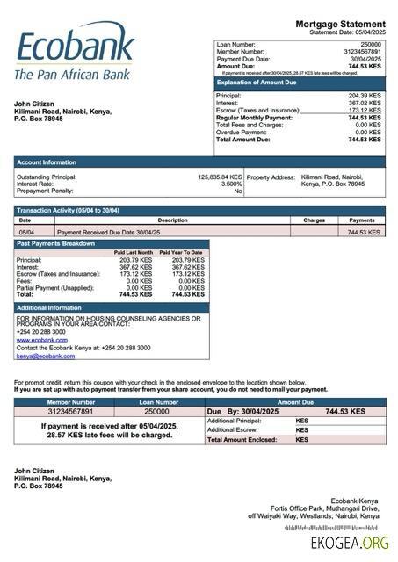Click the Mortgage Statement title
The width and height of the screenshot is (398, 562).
(x=339, y=24)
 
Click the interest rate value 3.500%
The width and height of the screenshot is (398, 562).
(x=230, y=184)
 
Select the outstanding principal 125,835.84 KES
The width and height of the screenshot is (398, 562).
(x=219, y=177)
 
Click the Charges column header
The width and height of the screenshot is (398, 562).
(x=315, y=220)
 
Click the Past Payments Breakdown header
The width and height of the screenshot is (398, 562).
(x=56, y=243)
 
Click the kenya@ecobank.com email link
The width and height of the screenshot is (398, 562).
(x=45, y=357)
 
